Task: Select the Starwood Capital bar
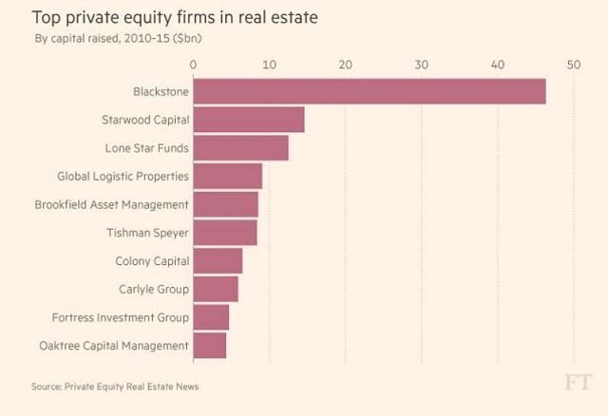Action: pyautogui.click(x=249, y=120)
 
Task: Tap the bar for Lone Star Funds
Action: pyautogui.click(x=240, y=148)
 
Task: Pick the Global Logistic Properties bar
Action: pyautogui.click(x=228, y=176)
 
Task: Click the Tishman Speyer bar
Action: pyautogui.click(x=225, y=233)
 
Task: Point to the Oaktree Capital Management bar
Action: pyautogui.click(x=210, y=346)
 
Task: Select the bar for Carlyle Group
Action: pyautogui.click(x=216, y=289)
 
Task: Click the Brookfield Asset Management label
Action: pyautogui.click(x=111, y=204)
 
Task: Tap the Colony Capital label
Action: pyautogui.click(x=152, y=261)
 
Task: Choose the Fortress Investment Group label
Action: pyautogui.click(x=123, y=317)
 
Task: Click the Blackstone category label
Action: pyautogui.click(x=161, y=92)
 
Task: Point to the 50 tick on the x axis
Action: pyautogui.click(x=573, y=65)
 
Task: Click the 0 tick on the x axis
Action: pyautogui.click(x=194, y=65)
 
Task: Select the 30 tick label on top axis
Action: pyautogui.click(x=421, y=65)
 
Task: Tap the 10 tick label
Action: pyautogui.click(x=270, y=65)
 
